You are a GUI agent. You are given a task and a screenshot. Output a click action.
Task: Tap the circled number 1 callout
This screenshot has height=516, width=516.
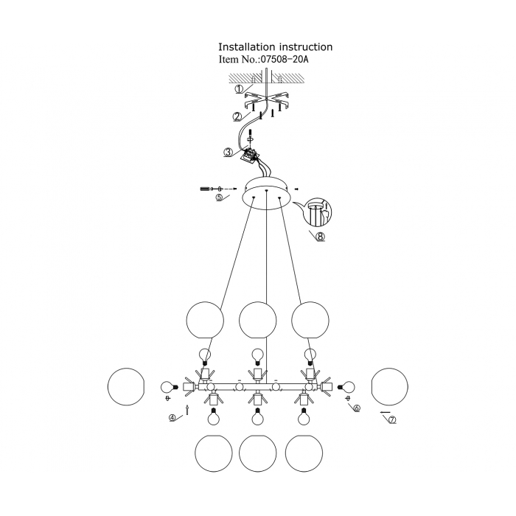pos(240,89)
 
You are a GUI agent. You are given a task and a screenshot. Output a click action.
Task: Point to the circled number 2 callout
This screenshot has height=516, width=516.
pos(237,116)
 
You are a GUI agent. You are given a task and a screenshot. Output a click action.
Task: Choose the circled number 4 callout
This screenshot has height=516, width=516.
pos(173,418)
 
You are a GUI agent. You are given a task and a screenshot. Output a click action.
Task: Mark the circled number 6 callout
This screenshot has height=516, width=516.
pos(357,408)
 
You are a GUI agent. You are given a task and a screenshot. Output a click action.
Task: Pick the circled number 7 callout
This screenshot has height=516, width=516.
pos(392,421)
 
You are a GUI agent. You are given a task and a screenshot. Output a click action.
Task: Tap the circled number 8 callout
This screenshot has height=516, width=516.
pos(319,237)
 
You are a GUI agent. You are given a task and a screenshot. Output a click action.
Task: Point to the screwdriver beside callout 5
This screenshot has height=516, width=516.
pos(206,189)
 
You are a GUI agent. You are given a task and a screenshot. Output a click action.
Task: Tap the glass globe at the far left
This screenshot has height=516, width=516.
pos(127,386)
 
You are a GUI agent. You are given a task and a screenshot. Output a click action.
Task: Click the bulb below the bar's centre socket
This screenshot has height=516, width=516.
pos(257,417)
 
